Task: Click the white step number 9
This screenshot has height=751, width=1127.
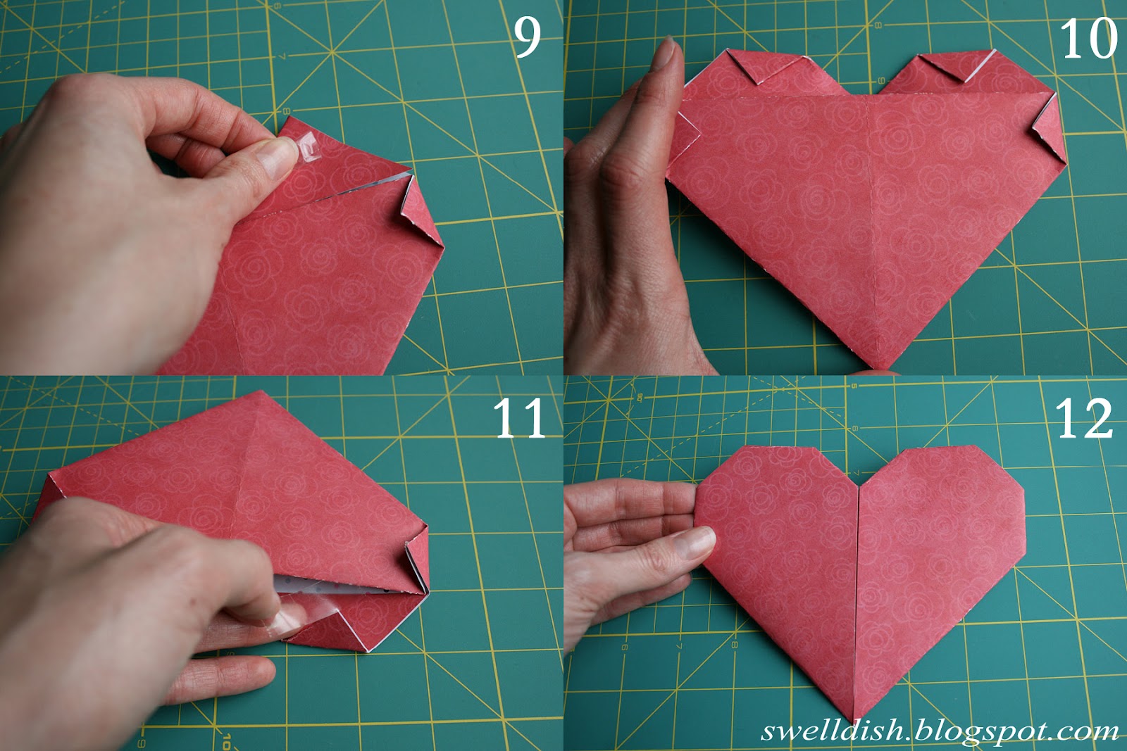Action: click(x=527, y=37)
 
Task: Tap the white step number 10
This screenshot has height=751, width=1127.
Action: click(x=1088, y=39)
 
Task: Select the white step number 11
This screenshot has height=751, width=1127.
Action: click(x=519, y=419)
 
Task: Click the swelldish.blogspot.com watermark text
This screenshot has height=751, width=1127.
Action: click(x=940, y=731)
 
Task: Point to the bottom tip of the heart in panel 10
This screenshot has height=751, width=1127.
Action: click(x=880, y=367)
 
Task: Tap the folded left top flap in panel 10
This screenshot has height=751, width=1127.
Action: click(x=754, y=67)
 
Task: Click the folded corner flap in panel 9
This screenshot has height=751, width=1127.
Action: click(x=419, y=211)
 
